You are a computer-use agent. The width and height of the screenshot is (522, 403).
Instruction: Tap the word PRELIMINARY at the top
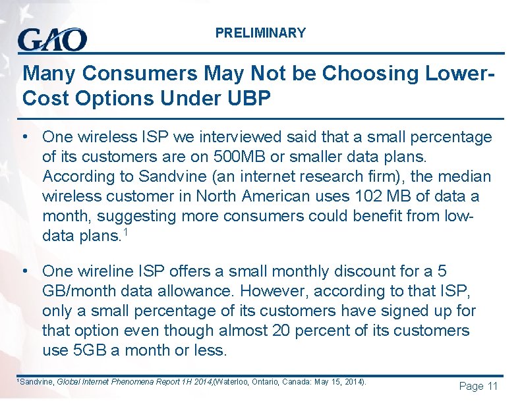[x=260, y=33]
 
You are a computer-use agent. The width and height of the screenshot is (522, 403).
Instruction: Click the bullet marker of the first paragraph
[x=24, y=136]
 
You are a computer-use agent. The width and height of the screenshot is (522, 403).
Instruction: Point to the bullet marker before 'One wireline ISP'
[x=24, y=271]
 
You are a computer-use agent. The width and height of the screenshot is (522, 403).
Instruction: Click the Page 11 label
[x=478, y=386]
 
